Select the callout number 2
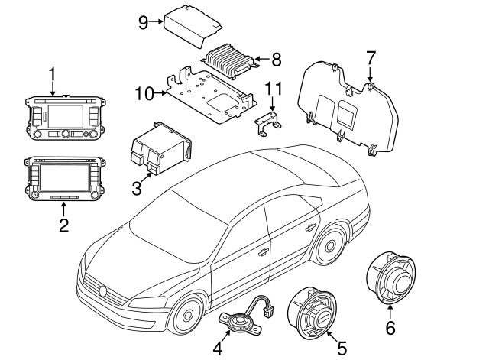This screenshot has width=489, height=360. pos(64,225)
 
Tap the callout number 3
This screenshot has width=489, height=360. pos(136,187)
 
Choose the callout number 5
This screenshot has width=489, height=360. pos(342,348)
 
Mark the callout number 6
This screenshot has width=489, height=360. pos(390,329)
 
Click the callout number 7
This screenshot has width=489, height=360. pos(371,57)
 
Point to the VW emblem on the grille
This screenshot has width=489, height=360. pos(103,290)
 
